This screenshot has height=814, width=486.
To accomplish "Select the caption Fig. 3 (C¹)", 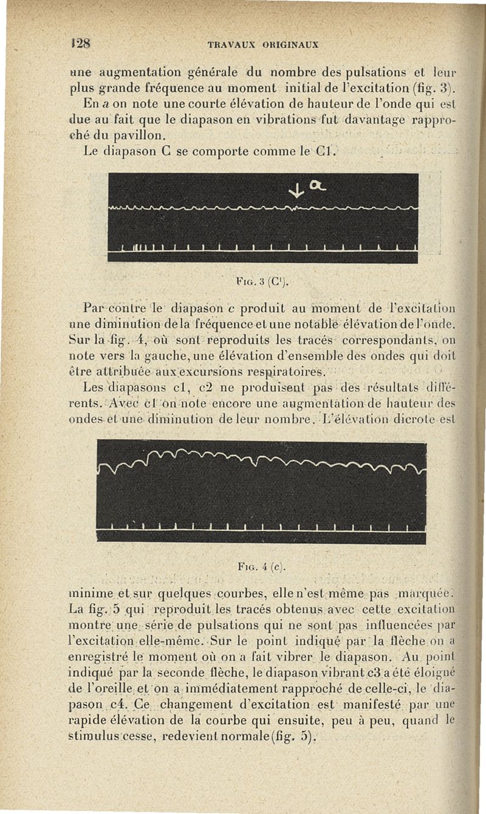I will point(262,280).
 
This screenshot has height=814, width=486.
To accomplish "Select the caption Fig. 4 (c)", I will point(262,568).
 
